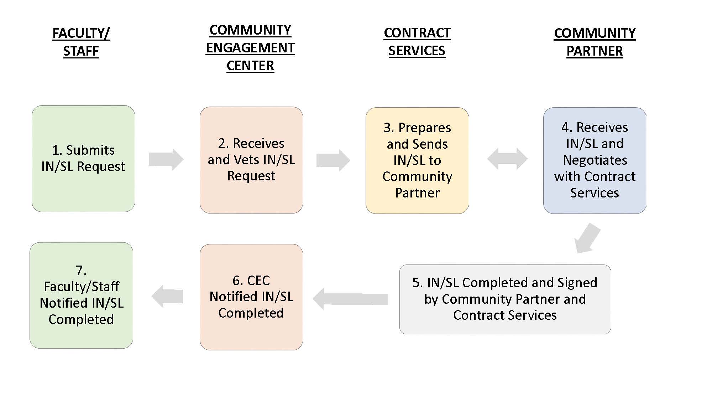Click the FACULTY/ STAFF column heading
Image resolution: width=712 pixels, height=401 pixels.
tap(81, 42)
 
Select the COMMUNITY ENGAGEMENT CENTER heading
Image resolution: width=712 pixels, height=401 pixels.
tap(250, 48)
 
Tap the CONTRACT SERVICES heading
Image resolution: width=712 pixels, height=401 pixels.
tap(417, 42)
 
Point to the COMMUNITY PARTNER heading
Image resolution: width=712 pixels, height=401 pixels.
tap(595, 42)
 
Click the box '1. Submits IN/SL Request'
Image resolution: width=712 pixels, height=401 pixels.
tap(83, 159)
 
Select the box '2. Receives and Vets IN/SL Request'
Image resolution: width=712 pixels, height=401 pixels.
tap(251, 160)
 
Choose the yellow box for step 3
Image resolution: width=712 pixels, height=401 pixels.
tap(417, 160)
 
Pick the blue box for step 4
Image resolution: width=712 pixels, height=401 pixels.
tap(595, 160)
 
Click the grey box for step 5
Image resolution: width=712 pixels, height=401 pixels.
tap(505, 299)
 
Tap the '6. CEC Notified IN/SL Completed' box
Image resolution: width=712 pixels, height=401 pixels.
tap(251, 297)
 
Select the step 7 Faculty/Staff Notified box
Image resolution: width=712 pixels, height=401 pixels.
tap(82, 295)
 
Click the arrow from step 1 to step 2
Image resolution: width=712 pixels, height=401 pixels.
tap(166, 159)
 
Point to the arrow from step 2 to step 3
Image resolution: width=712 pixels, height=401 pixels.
tap(333, 160)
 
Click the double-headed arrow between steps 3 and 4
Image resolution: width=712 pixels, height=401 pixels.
tap(507, 159)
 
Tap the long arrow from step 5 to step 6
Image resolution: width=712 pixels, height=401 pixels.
tap(350, 299)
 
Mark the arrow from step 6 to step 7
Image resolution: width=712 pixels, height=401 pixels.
tap(167, 296)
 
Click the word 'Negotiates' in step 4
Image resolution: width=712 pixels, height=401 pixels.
tap(595, 160)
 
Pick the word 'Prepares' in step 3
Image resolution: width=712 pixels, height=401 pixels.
tap(425, 128)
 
